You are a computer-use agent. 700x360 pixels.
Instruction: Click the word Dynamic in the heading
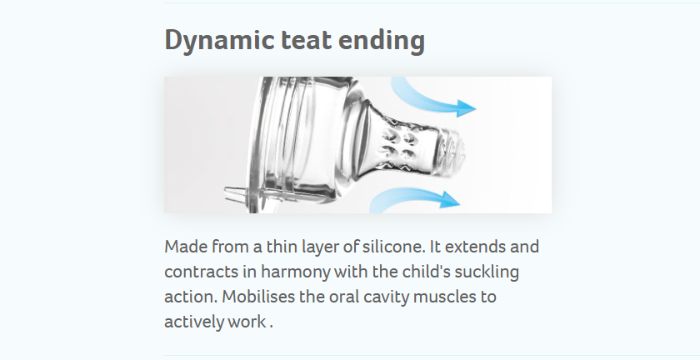(x=219, y=41)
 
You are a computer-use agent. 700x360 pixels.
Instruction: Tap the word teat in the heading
(x=307, y=40)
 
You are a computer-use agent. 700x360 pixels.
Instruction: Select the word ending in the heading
(x=382, y=41)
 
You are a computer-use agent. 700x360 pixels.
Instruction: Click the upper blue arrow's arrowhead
(x=466, y=108)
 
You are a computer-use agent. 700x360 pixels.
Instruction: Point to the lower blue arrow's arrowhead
(x=449, y=199)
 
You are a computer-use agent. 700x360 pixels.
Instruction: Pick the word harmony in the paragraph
(x=296, y=272)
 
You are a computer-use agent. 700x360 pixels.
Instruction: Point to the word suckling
(x=487, y=272)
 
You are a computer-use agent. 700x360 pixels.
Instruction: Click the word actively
(x=193, y=322)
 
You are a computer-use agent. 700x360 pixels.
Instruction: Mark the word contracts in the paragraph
(x=202, y=272)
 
